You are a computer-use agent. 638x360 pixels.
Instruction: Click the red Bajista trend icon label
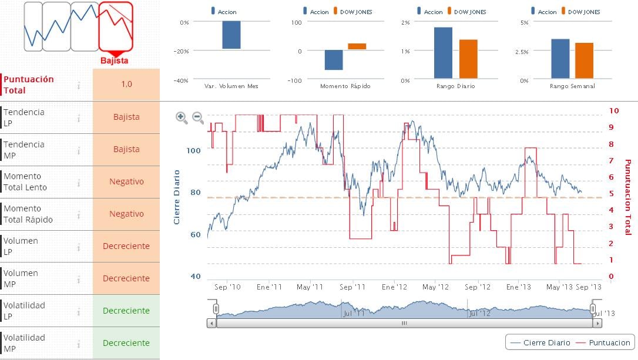click(114, 60)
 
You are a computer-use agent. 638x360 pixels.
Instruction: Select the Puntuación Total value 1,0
click(126, 84)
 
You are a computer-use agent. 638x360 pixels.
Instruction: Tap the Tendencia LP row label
click(24, 117)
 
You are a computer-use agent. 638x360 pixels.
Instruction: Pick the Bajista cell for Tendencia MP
click(126, 149)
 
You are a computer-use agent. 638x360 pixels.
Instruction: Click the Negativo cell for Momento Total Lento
click(126, 181)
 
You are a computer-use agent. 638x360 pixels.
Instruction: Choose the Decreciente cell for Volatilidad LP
click(126, 311)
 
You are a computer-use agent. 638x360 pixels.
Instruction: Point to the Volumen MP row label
click(21, 278)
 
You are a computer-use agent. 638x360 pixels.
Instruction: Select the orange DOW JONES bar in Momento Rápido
click(357, 46)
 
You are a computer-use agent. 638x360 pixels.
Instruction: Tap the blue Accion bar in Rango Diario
click(443, 53)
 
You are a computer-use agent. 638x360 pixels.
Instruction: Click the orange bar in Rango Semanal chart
click(584, 60)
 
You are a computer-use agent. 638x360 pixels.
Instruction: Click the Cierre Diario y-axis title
click(176, 197)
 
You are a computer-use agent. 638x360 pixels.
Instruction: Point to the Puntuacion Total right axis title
click(627, 197)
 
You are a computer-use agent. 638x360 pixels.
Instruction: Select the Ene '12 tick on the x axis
click(394, 287)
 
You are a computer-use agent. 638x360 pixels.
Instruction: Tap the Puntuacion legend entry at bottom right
click(605, 343)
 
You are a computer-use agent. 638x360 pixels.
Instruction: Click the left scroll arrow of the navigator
click(211, 323)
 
